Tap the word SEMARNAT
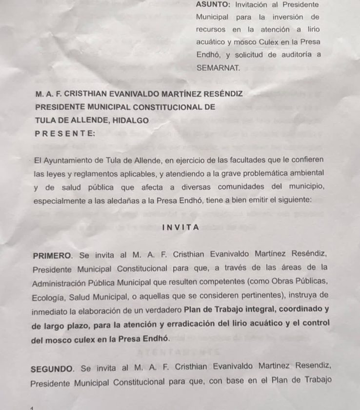(218, 68)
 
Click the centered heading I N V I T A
(181, 227)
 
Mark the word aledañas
(120, 201)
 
